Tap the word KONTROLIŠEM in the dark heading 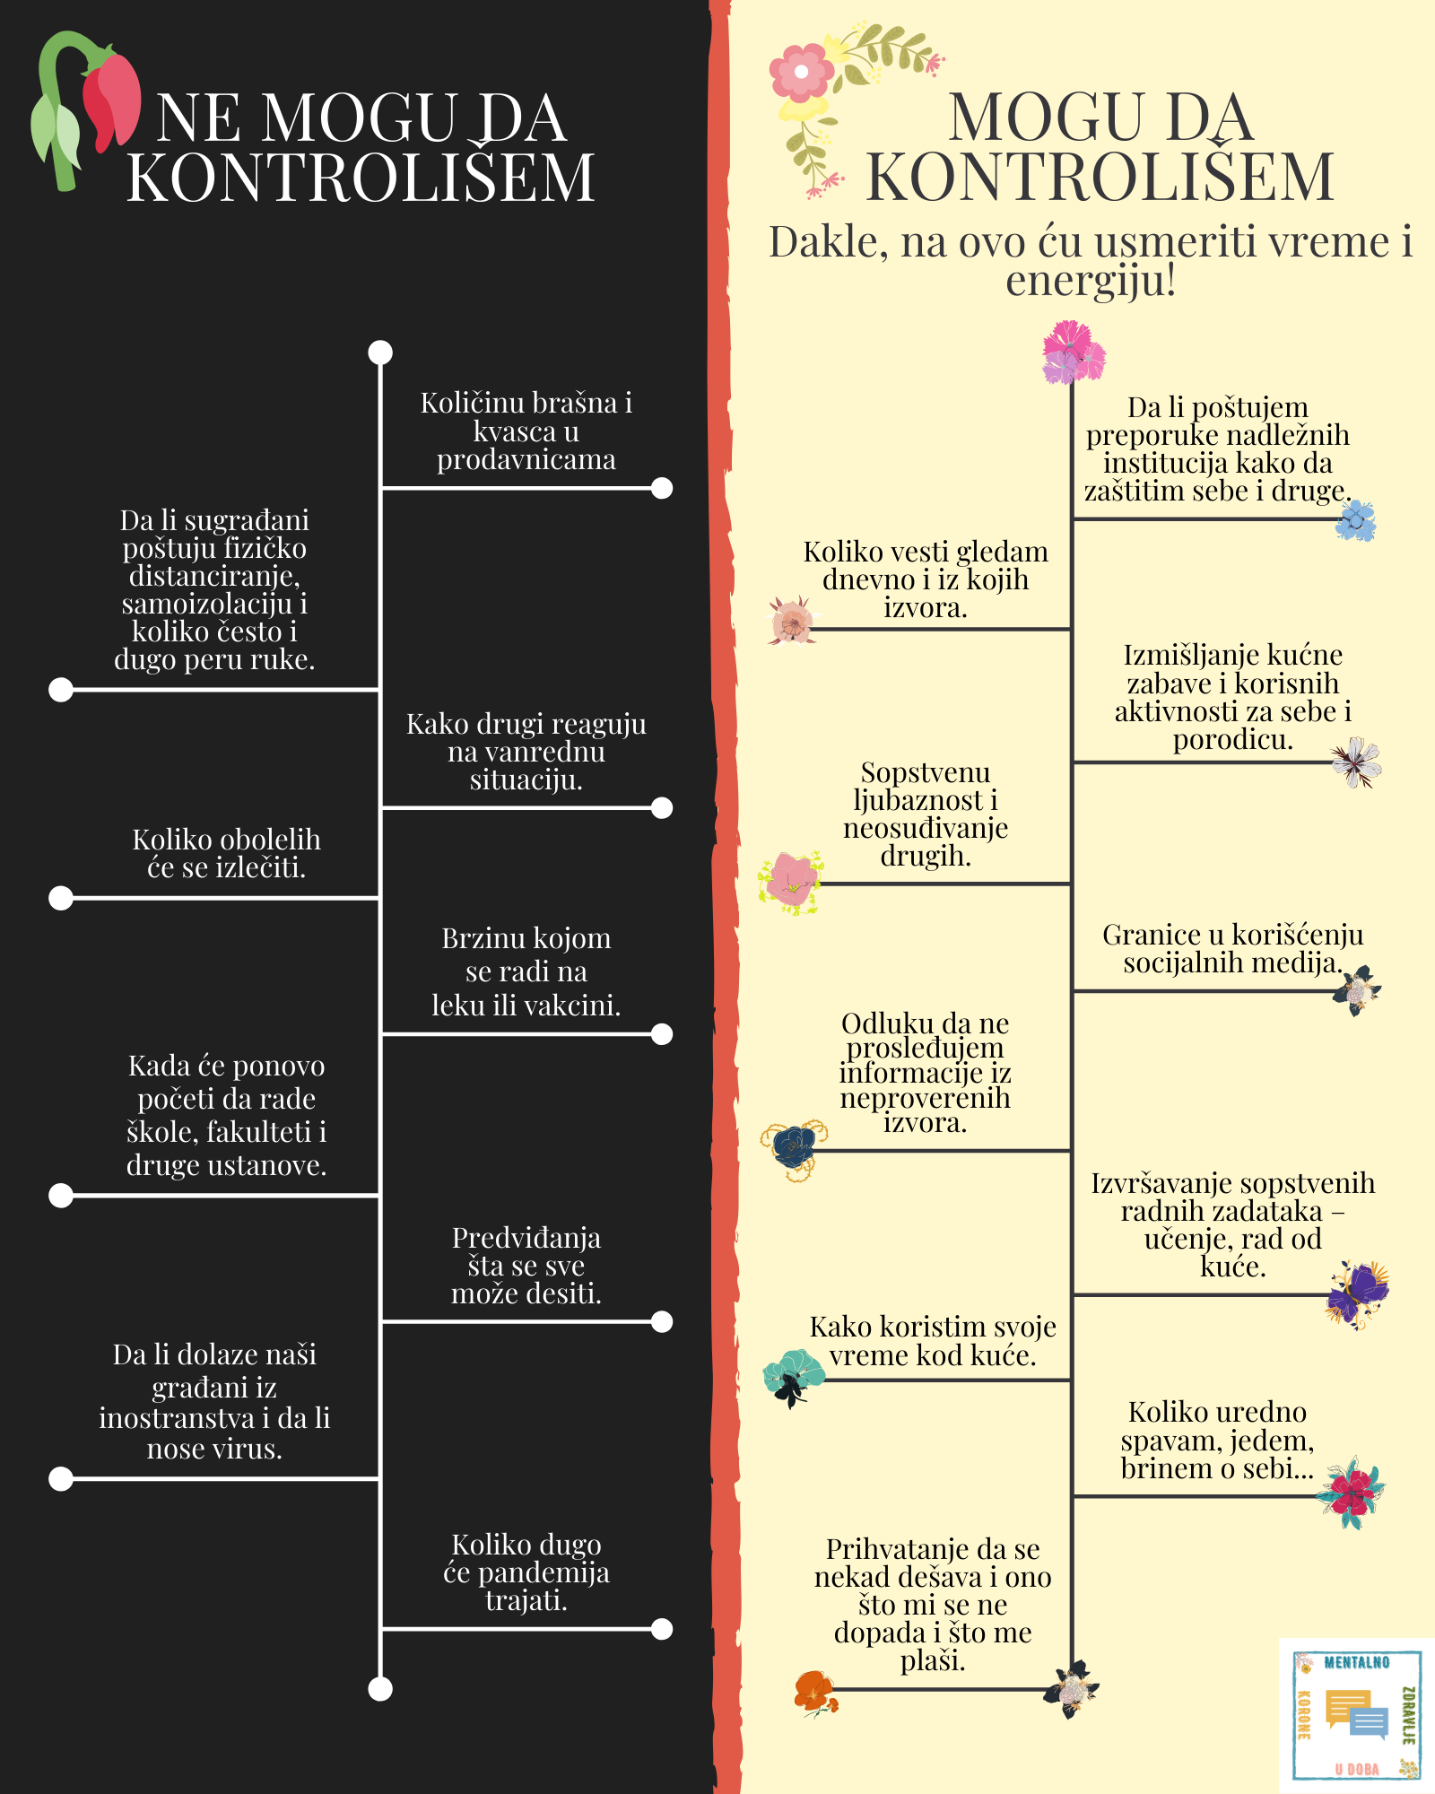361,177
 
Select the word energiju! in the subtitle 1091,281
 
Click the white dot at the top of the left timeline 380,352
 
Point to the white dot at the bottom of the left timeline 380,1689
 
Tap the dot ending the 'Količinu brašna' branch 662,488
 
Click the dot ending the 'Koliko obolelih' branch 60,898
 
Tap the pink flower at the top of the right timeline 1073,353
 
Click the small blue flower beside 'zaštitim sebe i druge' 1356,520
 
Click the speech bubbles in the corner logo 1356,1714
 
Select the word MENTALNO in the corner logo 1357,1662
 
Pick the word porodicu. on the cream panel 1233,740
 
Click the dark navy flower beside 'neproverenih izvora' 794,1149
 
